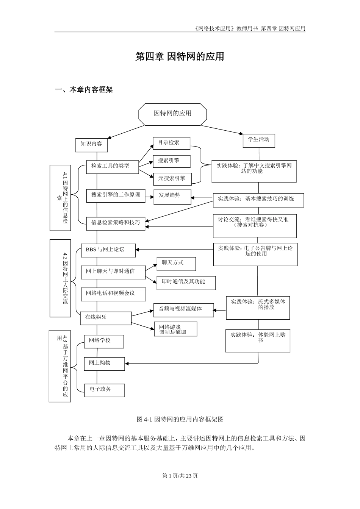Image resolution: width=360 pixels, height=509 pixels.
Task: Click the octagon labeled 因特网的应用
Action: (x=173, y=114)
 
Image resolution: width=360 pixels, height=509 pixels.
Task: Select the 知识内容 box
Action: (x=91, y=144)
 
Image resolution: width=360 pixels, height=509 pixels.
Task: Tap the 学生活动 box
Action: (x=259, y=140)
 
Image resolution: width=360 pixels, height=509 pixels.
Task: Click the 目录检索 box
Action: (x=171, y=143)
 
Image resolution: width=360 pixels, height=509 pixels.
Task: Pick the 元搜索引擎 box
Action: (x=172, y=178)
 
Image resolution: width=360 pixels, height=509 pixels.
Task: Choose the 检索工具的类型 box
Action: (x=112, y=166)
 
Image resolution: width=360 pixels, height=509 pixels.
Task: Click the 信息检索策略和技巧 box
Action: (x=116, y=223)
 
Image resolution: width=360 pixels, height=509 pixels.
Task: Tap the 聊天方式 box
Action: (x=176, y=264)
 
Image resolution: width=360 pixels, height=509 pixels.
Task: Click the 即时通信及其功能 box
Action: (x=186, y=283)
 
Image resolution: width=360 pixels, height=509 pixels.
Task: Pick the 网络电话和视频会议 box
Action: (x=113, y=294)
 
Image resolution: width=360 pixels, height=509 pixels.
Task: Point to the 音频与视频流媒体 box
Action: (x=183, y=310)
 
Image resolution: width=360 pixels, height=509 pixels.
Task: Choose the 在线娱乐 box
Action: (x=106, y=318)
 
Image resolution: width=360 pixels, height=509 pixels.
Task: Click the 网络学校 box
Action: (x=104, y=341)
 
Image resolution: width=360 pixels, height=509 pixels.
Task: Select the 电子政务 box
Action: (x=104, y=390)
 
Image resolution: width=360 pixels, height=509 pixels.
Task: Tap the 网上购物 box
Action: (x=104, y=364)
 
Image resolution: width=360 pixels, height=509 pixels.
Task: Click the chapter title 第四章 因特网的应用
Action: (x=180, y=57)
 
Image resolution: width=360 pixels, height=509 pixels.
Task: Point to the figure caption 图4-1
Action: (x=180, y=419)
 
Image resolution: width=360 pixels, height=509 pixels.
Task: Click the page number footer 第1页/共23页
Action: (x=180, y=476)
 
